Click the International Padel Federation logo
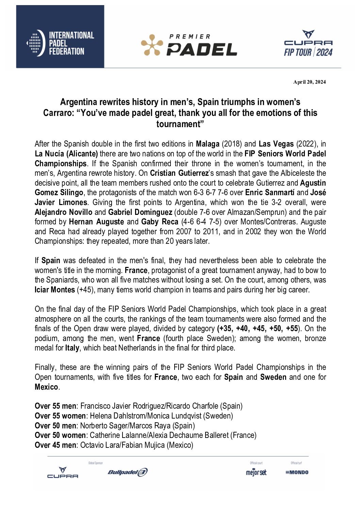(x=60, y=43)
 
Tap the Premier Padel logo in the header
(x=189, y=45)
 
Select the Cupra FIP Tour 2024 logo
(x=308, y=43)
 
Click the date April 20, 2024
(x=309, y=82)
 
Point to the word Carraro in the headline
(x=58, y=113)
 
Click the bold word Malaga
(x=208, y=144)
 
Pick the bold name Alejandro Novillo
(x=63, y=213)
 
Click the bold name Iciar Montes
(x=55, y=290)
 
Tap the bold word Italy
(x=72, y=348)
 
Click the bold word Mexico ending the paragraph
(x=46, y=387)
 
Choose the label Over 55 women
(x=60, y=416)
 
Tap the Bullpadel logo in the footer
(x=128, y=472)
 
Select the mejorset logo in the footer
(x=256, y=472)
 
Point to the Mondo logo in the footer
(x=297, y=472)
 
